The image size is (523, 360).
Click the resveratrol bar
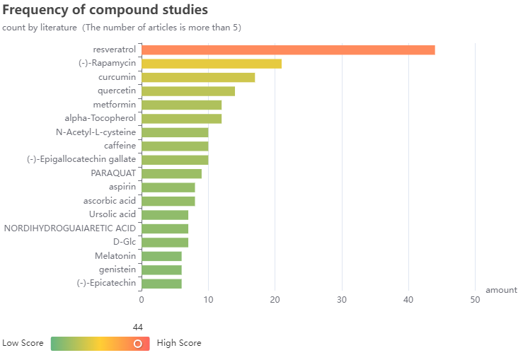288,50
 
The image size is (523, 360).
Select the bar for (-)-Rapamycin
212,64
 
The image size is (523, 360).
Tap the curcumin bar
198,77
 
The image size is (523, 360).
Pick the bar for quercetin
188,91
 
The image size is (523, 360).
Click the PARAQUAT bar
171,173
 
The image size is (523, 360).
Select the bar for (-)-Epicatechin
161,284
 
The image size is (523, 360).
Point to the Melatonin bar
161,256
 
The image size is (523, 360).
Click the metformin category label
114,105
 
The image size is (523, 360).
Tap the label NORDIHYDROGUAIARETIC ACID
70,228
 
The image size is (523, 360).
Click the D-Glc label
125,242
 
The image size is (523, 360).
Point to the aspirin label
122,187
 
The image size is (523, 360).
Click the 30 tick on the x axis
342,300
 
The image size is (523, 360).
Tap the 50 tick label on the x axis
475,300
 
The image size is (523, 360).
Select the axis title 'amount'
501,290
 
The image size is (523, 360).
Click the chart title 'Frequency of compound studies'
105,11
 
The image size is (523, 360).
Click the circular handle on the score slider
138,343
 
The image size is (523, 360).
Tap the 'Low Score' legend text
23,343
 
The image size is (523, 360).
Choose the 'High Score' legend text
179,343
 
